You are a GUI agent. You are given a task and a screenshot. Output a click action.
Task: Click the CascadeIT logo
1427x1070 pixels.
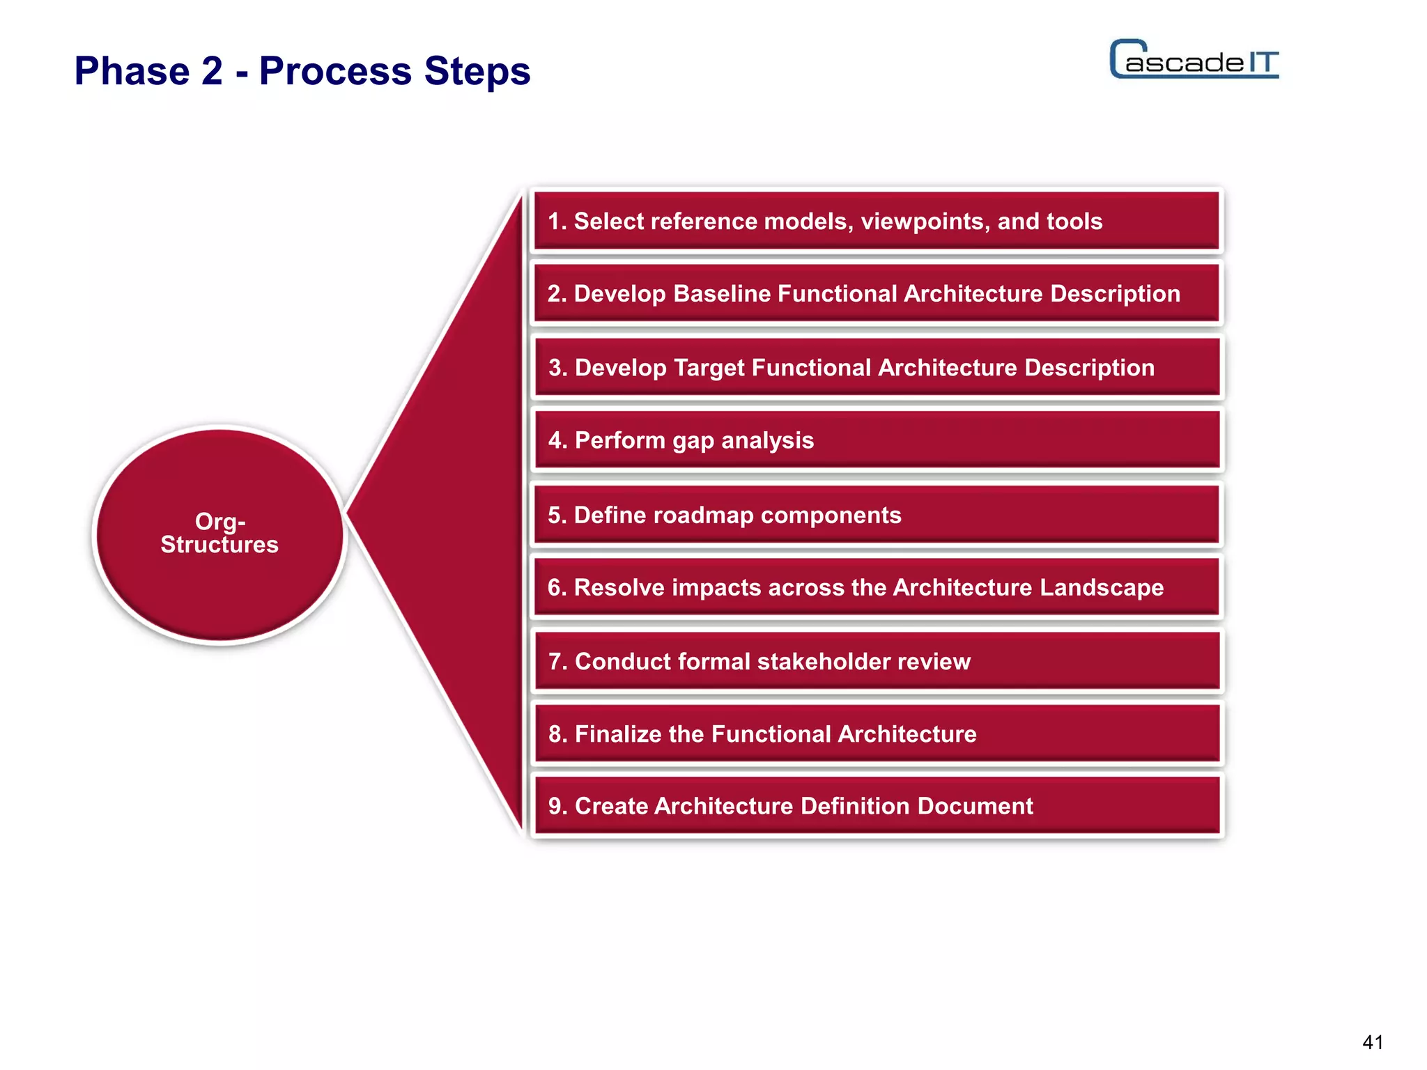(x=1194, y=60)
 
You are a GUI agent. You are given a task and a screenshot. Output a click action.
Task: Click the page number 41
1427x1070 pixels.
(x=1372, y=1042)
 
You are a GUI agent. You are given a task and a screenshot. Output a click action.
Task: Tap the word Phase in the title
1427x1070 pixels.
(x=132, y=71)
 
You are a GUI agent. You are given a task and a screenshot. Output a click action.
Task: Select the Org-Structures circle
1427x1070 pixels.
(x=220, y=534)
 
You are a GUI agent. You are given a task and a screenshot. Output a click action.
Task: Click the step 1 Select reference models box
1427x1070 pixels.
(x=877, y=222)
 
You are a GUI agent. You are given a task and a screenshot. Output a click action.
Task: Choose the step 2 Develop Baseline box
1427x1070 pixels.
(x=877, y=294)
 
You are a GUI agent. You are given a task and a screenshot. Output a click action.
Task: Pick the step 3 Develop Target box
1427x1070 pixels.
(x=877, y=368)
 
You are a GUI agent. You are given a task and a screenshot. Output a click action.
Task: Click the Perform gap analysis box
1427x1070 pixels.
(x=877, y=440)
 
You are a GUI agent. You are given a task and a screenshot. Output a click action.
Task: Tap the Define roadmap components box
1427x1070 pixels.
(x=877, y=515)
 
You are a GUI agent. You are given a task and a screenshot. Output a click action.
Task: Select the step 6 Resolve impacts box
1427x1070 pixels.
(x=877, y=588)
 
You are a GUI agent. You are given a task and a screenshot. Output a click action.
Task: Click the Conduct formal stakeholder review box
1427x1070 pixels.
(x=877, y=662)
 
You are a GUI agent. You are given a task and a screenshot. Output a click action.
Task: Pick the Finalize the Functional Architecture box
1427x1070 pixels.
(x=877, y=734)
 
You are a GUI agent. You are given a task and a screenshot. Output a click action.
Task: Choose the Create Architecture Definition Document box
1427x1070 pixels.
(x=877, y=807)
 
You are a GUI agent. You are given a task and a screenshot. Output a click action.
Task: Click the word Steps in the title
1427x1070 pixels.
(x=477, y=71)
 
